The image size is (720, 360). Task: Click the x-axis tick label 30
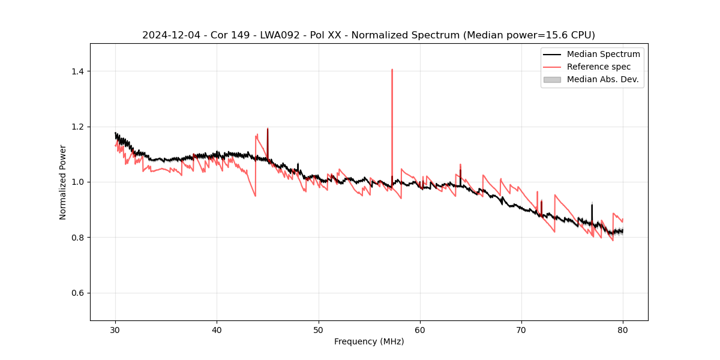click(116, 329)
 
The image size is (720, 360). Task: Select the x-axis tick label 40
click(217, 329)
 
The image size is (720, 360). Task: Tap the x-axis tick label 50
click(319, 329)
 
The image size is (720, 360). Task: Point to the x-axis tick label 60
click(420, 329)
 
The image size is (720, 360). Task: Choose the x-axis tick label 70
click(521, 329)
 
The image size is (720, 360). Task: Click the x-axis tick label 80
click(623, 329)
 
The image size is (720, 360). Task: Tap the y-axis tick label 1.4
click(77, 71)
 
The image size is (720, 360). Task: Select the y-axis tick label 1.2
click(77, 127)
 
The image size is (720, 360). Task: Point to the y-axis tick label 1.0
click(77, 182)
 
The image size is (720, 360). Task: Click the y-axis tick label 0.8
click(77, 238)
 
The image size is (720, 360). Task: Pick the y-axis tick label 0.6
click(77, 293)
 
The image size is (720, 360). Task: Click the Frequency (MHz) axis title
click(369, 341)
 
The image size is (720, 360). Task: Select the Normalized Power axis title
click(63, 182)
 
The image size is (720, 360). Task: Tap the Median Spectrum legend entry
click(603, 54)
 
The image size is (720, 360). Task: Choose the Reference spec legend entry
click(598, 67)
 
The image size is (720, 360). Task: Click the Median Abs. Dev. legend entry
click(602, 79)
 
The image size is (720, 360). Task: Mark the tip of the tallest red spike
click(392, 69)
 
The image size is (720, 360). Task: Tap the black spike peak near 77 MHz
click(592, 205)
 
